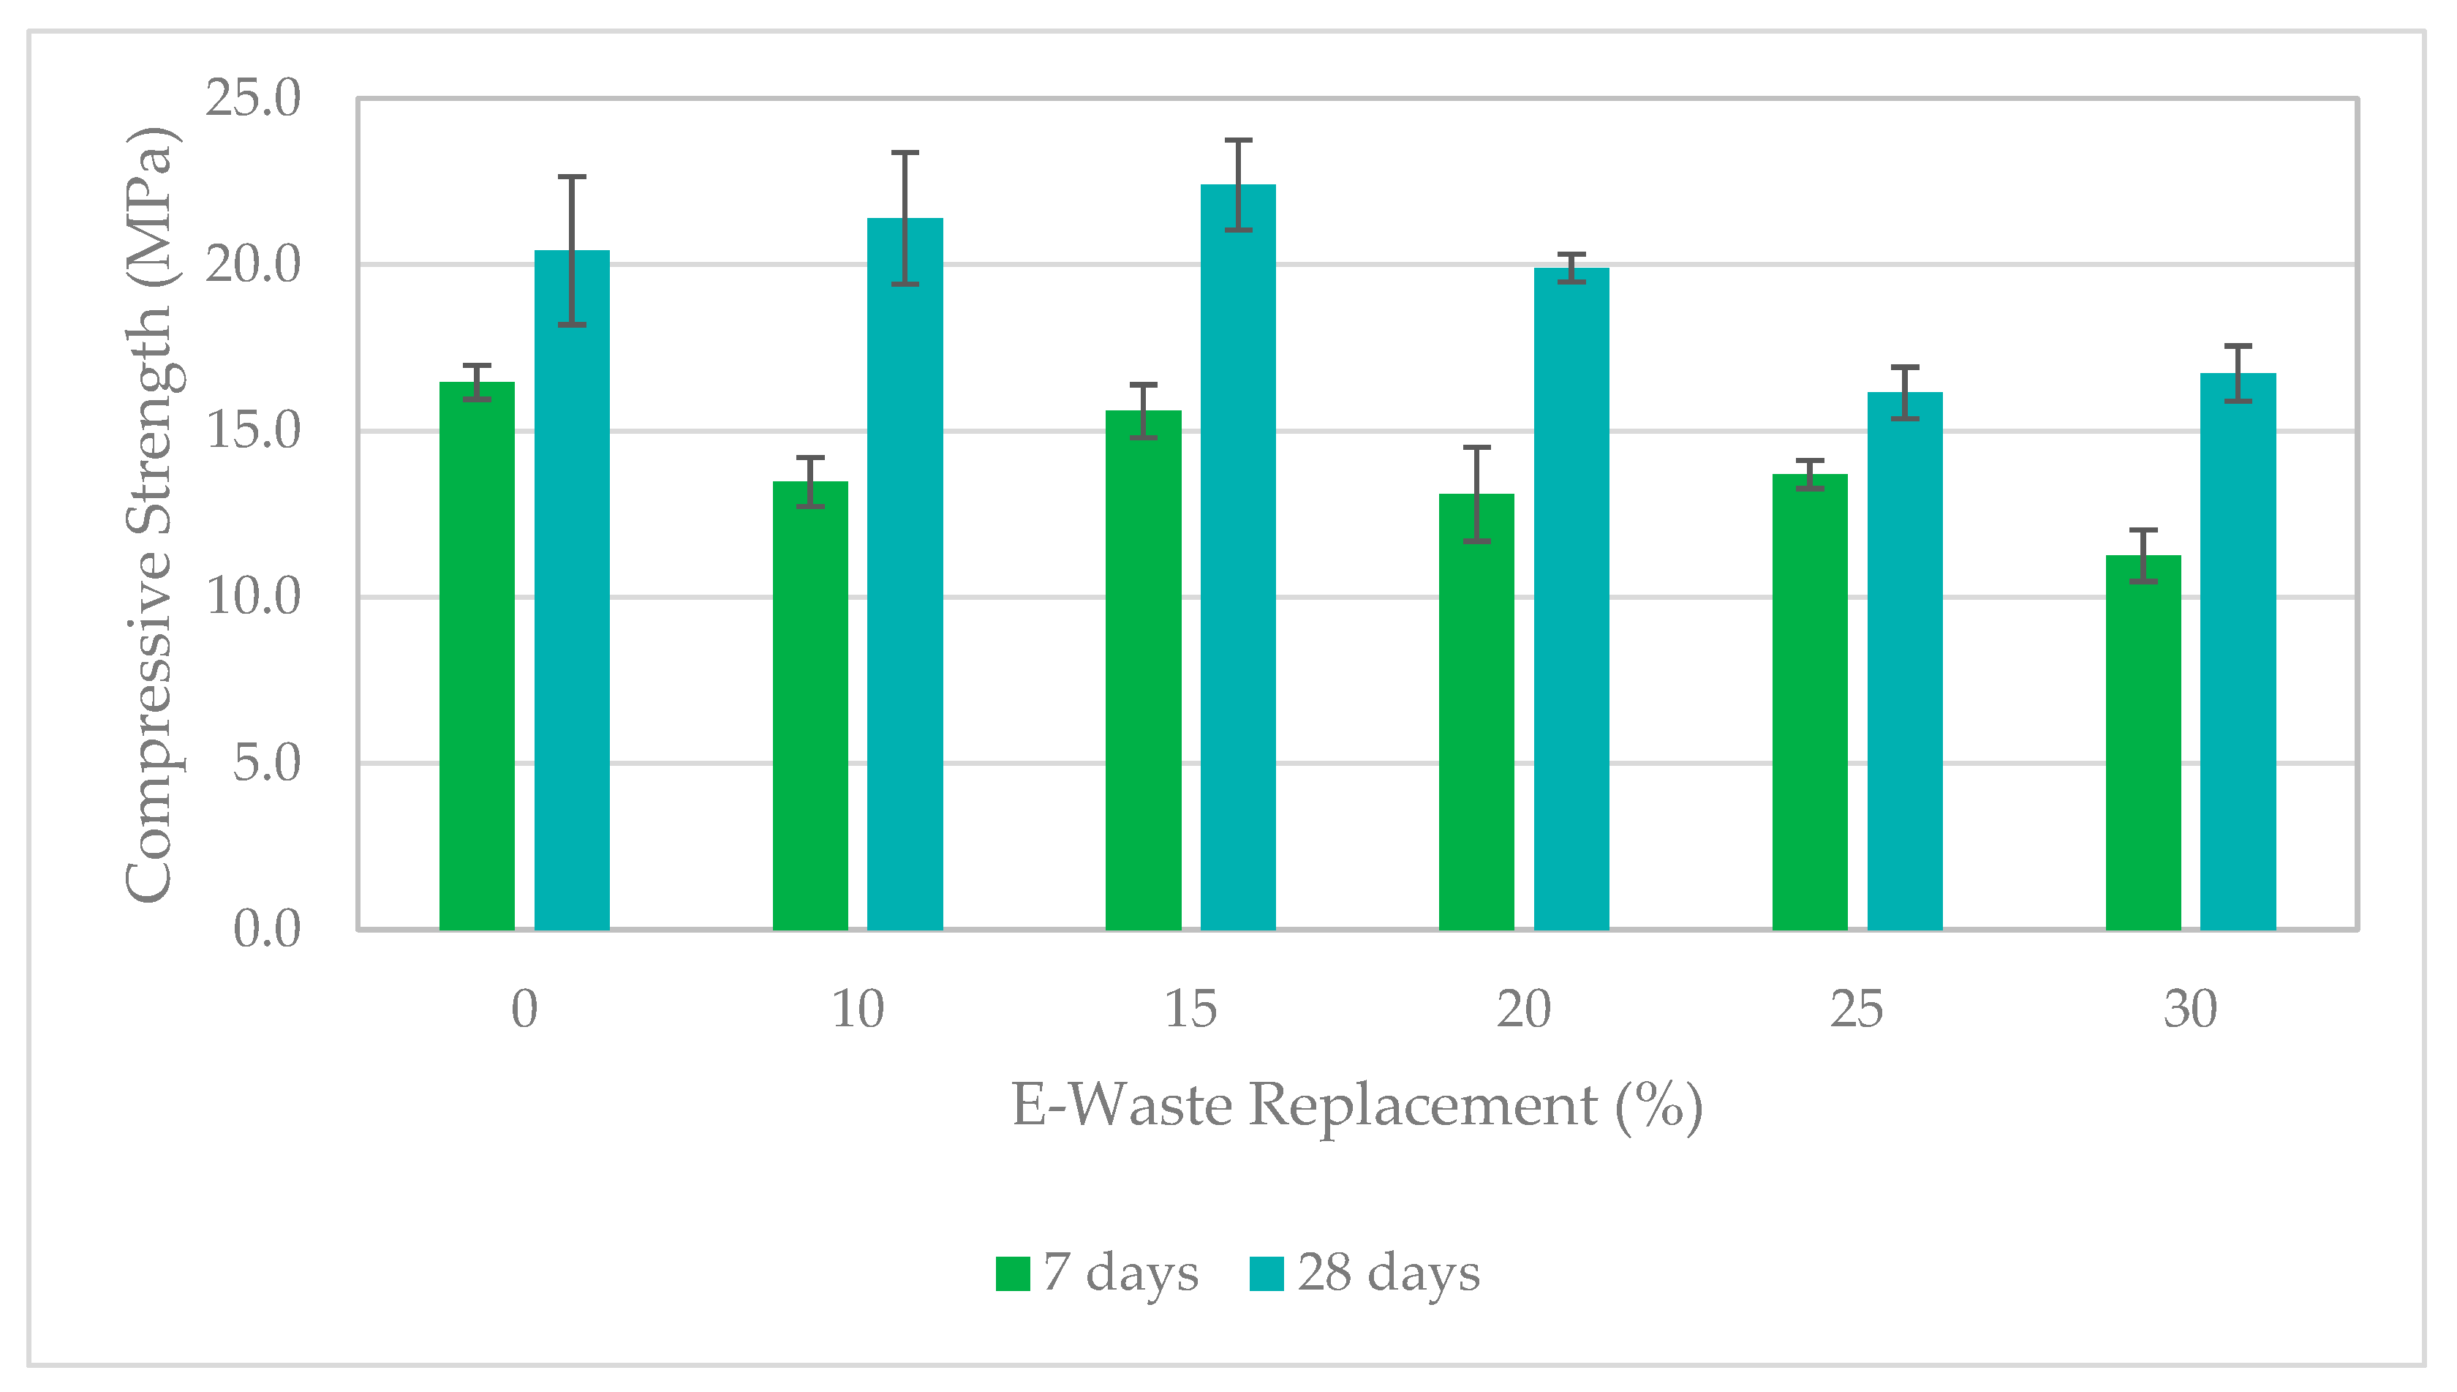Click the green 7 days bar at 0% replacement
pos(477,656)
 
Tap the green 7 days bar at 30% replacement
pos(2143,743)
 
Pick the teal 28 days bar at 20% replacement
pos(1571,599)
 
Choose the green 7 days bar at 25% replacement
pos(1810,701)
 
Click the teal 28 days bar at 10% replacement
pos(905,573)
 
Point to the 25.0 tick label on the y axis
pos(253,99)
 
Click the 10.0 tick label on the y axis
pos(253,598)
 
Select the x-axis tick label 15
pos(1190,1009)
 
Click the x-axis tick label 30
pos(2190,1009)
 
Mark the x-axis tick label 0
pos(524,1009)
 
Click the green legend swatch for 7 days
pos(1013,1274)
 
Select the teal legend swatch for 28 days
pos(1267,1274)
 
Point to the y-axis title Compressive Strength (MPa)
pos(150,514)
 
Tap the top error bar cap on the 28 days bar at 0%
pos(572,177)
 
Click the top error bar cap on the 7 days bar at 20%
pos(1476,448)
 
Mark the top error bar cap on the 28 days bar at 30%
pos(2238,345)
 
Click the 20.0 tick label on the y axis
pos(253,265)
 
